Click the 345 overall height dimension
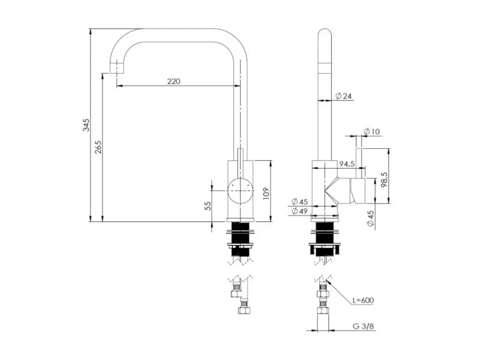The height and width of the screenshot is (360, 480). (x=86, y=125)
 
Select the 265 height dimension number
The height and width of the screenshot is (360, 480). (x=98, y=147)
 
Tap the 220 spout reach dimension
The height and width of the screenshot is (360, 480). (x=174, y=81)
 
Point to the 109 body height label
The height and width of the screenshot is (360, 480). (x=266, y=193)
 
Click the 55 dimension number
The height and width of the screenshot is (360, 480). (x=208, y=206)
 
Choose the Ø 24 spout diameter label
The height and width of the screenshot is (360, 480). (x=343, y=96)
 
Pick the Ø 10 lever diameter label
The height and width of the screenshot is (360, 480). (x=371, y=131)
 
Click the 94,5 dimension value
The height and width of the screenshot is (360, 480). (x=347, y=164)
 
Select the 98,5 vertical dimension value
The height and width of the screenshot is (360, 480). (x=385, y=179)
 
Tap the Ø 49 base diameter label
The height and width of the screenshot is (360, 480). (x=299, y=211)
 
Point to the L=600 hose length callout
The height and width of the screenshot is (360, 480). (x=363, y=301)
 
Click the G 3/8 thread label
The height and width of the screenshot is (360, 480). (x=364, y=326)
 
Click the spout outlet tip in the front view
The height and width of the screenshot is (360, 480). (x=117, y=67)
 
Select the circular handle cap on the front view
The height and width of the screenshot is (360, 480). (x=241, y=191)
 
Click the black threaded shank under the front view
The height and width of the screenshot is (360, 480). (x=241, y=239)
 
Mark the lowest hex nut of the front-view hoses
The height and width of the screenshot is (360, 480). (x=244, y=310)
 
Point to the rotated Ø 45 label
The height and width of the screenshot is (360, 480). (x=370, y=218)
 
